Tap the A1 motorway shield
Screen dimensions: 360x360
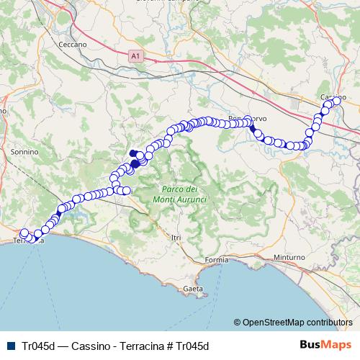(x=135, y=55)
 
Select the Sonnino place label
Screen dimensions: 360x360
(x=24, y=153)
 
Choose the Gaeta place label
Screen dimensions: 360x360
(x=193, y=289)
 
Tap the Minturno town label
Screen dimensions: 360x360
(x=289, y=257)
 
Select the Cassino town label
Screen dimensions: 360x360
(x=332, y=97)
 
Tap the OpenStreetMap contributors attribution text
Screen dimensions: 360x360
(x=297, y=322)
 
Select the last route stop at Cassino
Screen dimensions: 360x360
(x=336, y=101)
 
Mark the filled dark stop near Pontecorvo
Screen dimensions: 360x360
(x=252, y=129)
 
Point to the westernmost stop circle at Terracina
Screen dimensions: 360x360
(x=23, y=233)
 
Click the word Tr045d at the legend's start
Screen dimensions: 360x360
(x=37, y=345)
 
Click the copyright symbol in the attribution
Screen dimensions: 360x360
(x=237, y=322)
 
